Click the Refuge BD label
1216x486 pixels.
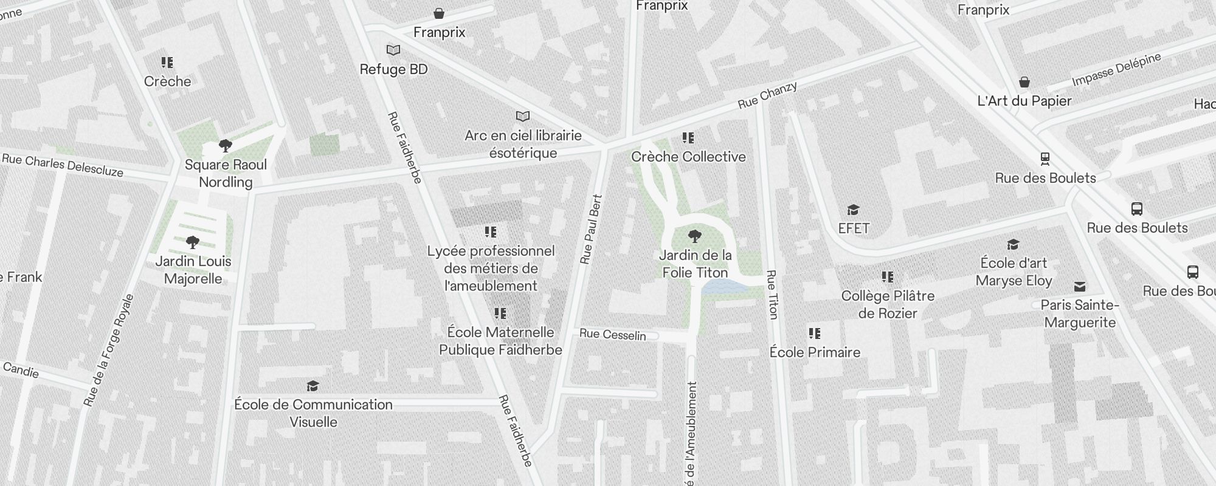point(393,69)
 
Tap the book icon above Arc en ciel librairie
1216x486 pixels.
point(522,116)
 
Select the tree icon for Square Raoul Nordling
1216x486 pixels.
point(226,146)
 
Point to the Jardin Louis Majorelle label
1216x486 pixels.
point(193,270)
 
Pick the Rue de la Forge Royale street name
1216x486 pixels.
point(109,350)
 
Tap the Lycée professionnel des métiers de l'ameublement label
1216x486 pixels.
point(491,269)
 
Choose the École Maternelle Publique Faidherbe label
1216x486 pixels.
point(500,341)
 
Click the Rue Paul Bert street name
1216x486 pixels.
point(591,230)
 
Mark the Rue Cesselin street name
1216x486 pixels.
point(612,334)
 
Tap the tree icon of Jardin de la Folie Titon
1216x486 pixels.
point(694,236)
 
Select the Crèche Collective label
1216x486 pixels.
point(688,157)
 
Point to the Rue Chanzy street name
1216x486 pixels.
point(767,95)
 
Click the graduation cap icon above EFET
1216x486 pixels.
point(854,210)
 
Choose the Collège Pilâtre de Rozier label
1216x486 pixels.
point(888,304)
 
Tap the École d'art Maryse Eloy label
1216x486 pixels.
point(1014,272)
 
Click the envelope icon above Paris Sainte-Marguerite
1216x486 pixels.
point(1080,287)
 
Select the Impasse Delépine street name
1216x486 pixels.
point(1116,69)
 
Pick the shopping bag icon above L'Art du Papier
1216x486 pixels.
point(1024,82)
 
